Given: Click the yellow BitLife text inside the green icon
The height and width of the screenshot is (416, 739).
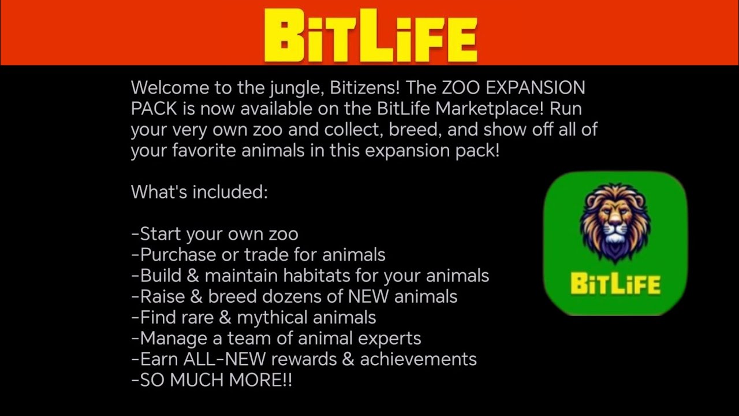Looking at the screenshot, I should click(x=615, y=284).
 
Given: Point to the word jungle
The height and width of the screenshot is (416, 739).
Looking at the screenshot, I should click(x=295, y=88).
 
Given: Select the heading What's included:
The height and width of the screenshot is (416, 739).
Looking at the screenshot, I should click(x=199, y=192).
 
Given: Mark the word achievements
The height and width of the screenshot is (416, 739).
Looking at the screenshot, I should click(x=419, y=359).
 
